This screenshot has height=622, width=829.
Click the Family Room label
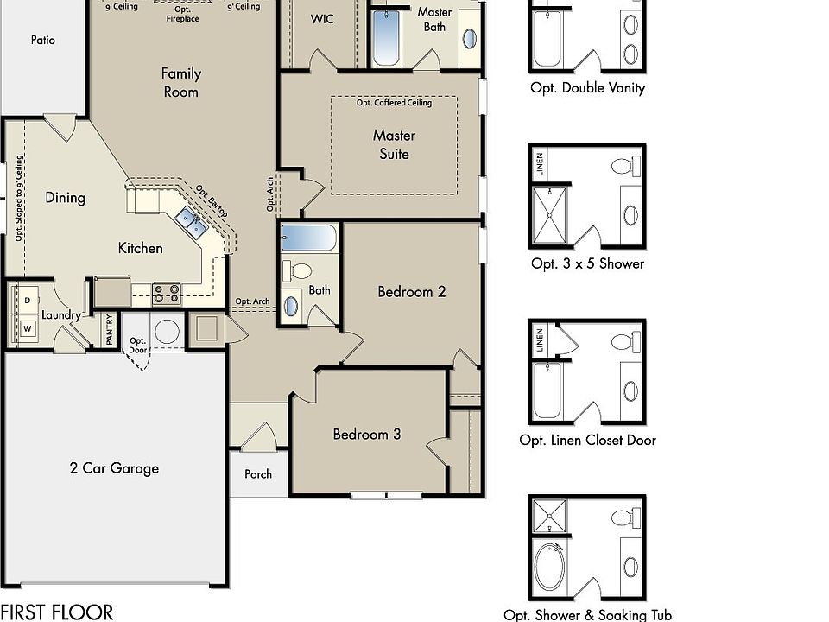180,83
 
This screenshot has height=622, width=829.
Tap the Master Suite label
394,144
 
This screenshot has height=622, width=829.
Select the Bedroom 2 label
411,291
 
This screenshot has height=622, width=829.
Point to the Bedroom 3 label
366,435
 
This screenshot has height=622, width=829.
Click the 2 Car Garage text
114,468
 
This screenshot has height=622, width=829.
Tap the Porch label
258,474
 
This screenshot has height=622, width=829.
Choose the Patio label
43,40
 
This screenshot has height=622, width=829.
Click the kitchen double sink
191,222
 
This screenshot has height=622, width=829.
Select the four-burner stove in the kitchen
167,294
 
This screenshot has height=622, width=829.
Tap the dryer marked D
28,300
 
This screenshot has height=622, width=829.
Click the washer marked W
28,328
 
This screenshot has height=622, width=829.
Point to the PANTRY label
110,329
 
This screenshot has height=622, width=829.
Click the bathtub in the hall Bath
309,238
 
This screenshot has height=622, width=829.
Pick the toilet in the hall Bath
297,270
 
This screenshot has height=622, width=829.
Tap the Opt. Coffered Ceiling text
394,103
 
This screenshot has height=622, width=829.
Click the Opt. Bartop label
212,201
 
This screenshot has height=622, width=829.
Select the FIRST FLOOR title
57,612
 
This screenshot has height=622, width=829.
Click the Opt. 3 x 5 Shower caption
587,263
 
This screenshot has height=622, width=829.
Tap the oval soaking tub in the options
549,566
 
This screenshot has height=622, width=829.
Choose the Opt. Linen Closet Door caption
587,440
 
